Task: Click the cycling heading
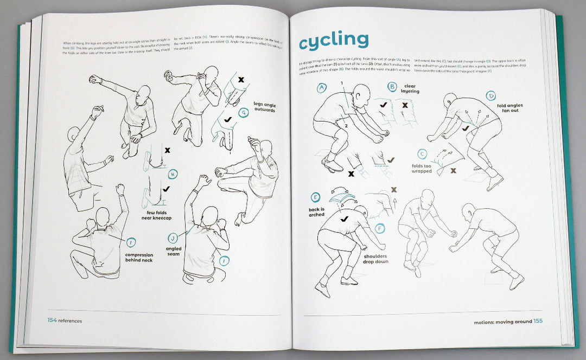point(334,40)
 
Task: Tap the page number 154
point(52,320)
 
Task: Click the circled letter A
point(322,87)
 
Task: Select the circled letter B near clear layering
point(392,87)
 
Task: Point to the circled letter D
point(491,96)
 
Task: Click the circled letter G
point(243,113)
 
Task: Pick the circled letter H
point(173,175)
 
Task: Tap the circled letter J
point(171,237)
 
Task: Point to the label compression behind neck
point(138,257)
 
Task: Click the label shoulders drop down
point(375,259)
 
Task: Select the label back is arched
point(316,211)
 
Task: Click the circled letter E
point(315,197)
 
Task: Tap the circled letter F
point(380,228)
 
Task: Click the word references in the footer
point(71,321)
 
